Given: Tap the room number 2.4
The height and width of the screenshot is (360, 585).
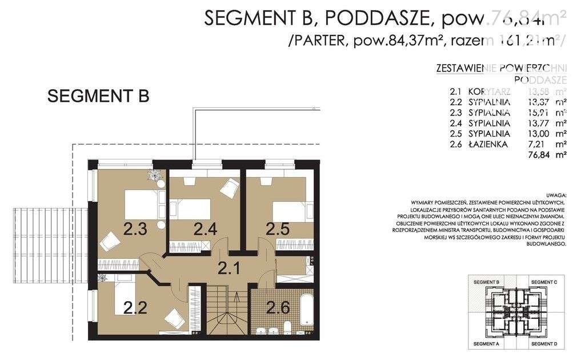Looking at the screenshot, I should coord(205,230).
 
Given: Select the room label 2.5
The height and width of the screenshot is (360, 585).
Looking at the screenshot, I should coord(278,230).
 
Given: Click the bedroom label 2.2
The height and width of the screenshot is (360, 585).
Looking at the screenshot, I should coord(136,308).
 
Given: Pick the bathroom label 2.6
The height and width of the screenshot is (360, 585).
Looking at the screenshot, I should coord(278,308).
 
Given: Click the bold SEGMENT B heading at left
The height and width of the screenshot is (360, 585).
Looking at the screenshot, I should coord(98,96).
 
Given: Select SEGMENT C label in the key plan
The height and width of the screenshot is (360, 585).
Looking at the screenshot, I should coord(544,282).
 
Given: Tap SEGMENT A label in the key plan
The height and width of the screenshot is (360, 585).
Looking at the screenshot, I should coord(485,345).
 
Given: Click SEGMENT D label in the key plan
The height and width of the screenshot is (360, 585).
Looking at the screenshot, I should coord(544,345).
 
